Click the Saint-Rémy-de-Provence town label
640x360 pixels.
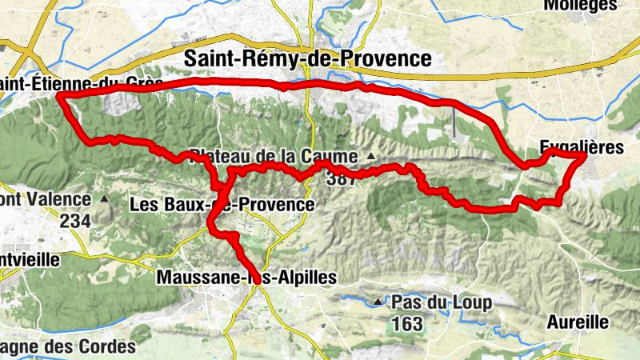click(x=308, y=58)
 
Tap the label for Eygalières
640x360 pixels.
click(x=582, y=148)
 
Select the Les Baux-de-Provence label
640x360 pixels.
click(x=221, y=205)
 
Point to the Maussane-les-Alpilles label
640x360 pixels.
click(x=246, y=276)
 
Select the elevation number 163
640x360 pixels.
click(x=406, y=324)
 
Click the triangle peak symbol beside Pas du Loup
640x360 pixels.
click(x=378, y=302)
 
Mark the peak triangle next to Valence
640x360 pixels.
click(x=103, y=198)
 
